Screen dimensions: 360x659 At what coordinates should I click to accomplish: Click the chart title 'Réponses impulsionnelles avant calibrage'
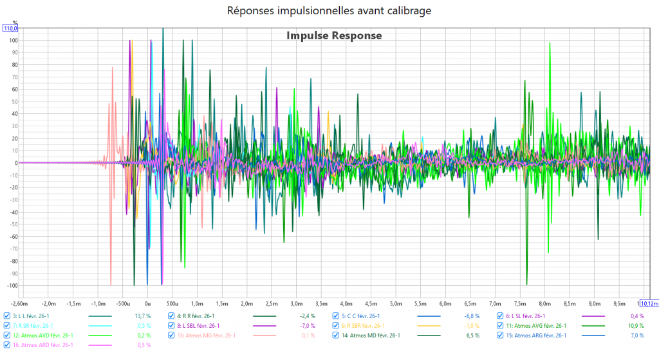(x=329, y=10)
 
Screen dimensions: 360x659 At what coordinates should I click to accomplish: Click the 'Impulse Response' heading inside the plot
(x=334, y=36)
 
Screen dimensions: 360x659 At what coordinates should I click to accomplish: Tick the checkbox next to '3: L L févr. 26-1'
(x=7, y=316)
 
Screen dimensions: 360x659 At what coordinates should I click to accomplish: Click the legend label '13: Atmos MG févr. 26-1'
(x=207, y=336)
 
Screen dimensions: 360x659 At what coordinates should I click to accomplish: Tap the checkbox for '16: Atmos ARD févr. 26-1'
(x=7, y=345)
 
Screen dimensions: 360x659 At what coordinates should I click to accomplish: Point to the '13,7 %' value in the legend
(x=142, y=316)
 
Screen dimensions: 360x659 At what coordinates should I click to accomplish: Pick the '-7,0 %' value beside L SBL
(x=307, y=326)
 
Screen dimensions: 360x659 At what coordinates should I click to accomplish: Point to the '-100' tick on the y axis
(x=11, y=285)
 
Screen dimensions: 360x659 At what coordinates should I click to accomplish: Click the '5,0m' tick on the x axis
(x=395, y=303)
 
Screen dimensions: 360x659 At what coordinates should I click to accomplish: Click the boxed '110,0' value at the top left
(x=11, y=28)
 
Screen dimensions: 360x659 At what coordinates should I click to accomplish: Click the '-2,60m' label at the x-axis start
(x=19, y=303)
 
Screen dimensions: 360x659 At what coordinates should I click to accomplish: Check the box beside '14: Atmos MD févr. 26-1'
(x=336, y=336)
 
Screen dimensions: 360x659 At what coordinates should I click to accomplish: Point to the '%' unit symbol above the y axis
(x=15, y=21)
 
